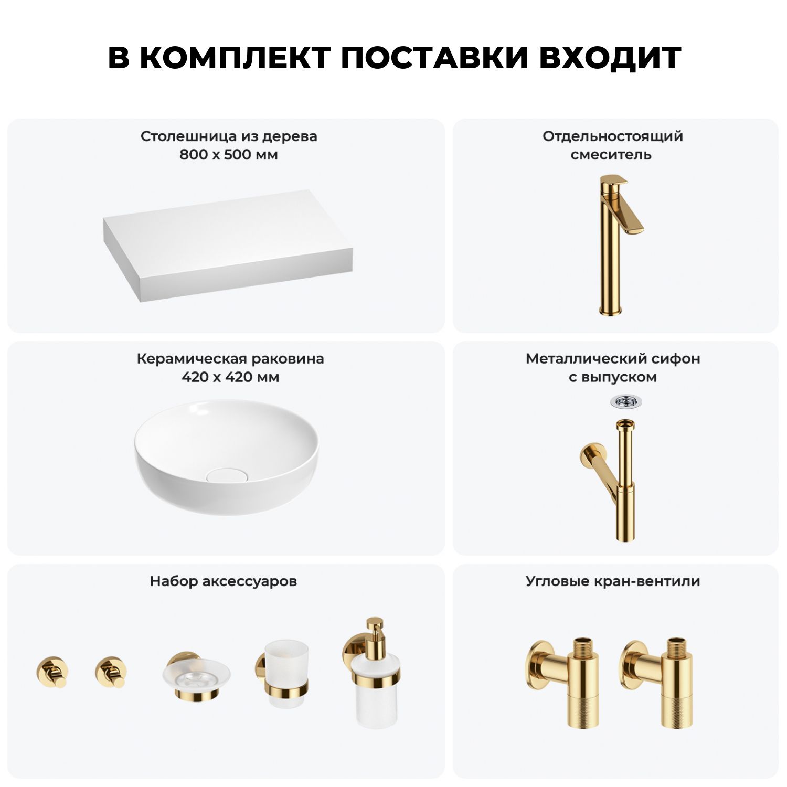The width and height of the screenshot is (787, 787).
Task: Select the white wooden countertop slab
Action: coord(228,246)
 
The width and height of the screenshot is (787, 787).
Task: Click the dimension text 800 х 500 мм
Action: coord(229,155)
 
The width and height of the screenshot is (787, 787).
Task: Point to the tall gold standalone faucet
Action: coord(616,244)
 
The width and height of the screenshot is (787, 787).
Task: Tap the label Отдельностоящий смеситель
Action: coord(613,145)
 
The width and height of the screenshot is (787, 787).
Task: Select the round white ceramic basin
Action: coord(226,456)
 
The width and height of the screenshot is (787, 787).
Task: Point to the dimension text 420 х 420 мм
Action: coord(230,377)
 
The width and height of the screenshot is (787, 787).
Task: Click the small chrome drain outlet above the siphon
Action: coord(626,402)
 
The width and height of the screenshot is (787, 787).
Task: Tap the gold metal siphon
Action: coord(611,480)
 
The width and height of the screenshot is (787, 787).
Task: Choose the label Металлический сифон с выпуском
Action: coord(613,368)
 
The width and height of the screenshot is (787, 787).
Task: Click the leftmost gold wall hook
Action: coord(52,672)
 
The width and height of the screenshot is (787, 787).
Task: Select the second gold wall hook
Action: coord(111,672)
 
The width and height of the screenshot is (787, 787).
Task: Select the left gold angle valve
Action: coord(562,683)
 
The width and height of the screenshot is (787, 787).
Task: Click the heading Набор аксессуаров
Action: coord(224,581)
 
